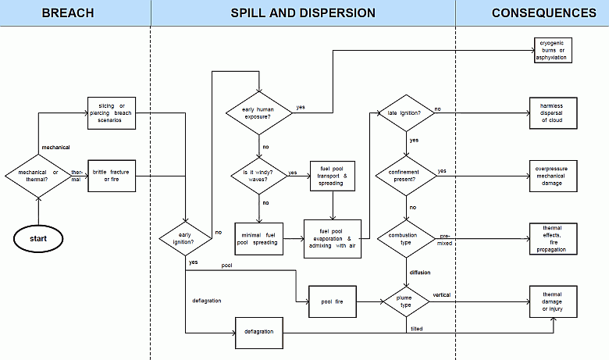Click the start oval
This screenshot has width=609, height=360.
[37, 237]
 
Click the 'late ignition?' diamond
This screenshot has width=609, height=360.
[405, 114]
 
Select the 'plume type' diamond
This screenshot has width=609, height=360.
[405, 300]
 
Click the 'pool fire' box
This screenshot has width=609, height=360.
[333, 300]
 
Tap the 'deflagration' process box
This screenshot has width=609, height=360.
[258, 333]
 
